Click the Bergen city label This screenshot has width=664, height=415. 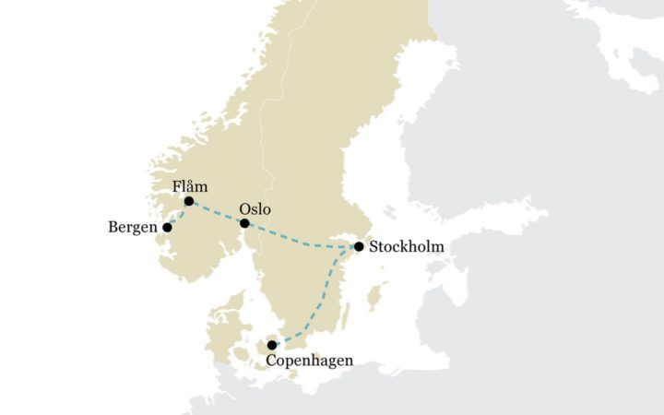133,227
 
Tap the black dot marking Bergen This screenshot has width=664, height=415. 168,227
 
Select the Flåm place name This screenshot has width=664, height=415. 190,186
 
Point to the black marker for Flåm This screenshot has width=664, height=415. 189,201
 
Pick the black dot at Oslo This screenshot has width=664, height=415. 244,223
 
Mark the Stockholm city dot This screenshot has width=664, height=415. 359,246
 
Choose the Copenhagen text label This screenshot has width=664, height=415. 309,361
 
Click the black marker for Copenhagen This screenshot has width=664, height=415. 272,345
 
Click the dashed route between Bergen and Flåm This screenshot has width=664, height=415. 178,215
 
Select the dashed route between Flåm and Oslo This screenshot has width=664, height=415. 217,212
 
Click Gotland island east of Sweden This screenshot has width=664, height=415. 374,298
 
